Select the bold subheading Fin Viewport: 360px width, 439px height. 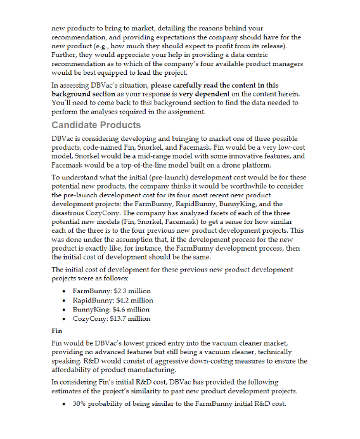pos(56,331)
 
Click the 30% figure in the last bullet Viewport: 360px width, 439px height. pos(80,404)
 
